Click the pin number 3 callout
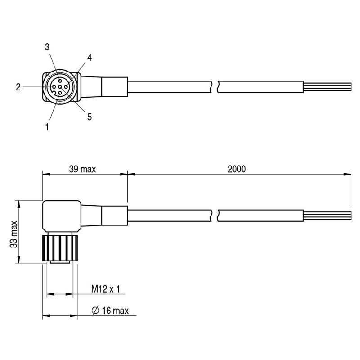[x=47, y=47]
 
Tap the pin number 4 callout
[x=89, y=58]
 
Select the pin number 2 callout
[x=18, y=87]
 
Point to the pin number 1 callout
[x=47, y=127]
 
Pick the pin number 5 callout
[x=89, y=117]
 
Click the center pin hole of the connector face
[x=60, y=87]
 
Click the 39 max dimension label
[x=82, y=169]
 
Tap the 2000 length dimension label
[x=237, y=169]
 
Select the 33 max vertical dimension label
[x=14, y=234]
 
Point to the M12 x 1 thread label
[x=106, y=289]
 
